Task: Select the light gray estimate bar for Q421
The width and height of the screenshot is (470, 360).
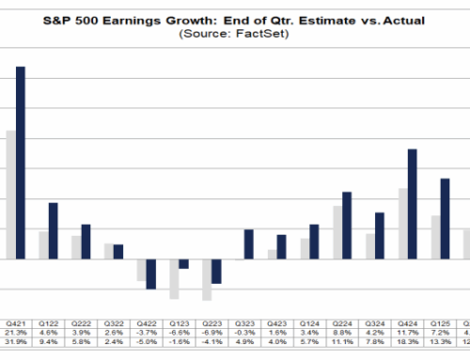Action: [9, 194]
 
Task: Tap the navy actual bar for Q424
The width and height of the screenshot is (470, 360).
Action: [412, 203]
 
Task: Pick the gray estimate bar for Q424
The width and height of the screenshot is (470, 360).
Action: [401, 223]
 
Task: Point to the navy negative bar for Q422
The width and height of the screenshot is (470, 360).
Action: [150, 274]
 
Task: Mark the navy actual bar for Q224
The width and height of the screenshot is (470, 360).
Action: [347, 225]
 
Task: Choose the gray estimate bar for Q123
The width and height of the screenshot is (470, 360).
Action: [174, 278]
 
